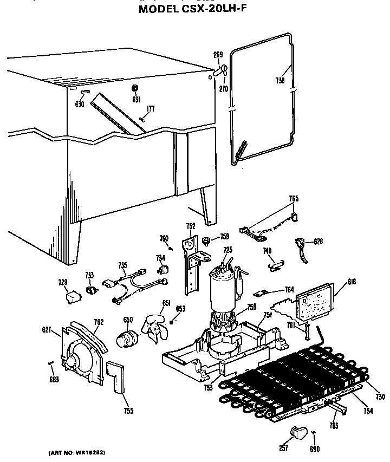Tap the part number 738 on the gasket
279,81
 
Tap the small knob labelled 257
297,432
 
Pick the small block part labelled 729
70,297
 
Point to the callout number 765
293,199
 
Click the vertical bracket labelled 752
191,265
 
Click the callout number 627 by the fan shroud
47,329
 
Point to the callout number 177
150,109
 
